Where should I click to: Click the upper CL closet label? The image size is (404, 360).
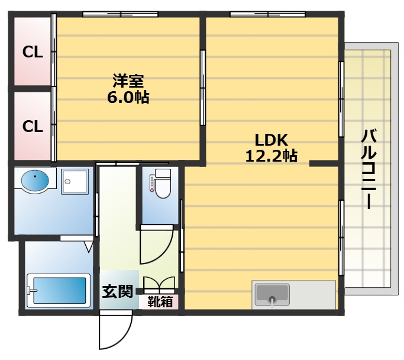tap(33, 52)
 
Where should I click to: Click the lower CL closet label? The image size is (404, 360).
tap(33, 127)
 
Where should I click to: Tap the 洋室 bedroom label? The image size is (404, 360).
tap(128, 81)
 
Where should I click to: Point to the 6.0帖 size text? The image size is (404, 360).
tap(128, 98)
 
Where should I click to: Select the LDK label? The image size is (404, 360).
tap(272, 140)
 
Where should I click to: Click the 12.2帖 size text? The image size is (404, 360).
tap(272, 156)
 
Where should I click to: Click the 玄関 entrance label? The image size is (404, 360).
tap(118, 292)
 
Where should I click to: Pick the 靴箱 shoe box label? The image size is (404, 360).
tap(160, 302)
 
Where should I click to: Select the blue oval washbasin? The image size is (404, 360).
tap(35, 181)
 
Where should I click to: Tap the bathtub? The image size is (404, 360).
tap(59, 291)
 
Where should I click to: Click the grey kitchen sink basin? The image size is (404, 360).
tap(272, 294)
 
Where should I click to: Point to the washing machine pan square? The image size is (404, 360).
tap(75, 182)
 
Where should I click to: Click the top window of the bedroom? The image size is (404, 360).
tap(120, 14)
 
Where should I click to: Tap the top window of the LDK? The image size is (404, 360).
tap(267, 14)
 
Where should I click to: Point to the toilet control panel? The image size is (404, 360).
tap(152, 183)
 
